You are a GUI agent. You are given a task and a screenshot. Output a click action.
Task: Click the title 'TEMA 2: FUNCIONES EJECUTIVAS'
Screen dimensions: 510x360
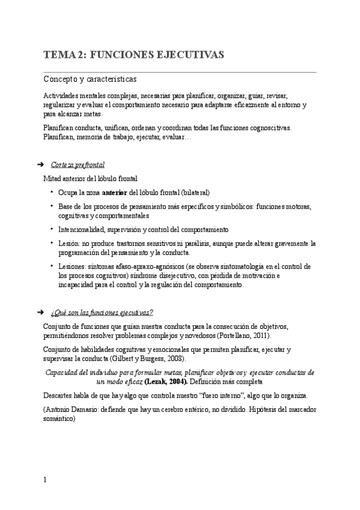134,55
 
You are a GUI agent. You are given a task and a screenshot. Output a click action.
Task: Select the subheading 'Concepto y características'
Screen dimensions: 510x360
90,79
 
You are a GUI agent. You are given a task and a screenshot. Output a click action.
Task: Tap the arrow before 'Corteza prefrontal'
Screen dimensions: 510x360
41,164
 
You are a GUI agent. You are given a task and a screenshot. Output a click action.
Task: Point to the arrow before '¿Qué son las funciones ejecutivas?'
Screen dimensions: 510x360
41,312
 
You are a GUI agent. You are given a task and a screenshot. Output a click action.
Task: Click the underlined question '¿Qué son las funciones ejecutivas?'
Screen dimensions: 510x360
102,312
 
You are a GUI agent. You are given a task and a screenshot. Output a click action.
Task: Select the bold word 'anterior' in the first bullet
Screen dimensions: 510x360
115,192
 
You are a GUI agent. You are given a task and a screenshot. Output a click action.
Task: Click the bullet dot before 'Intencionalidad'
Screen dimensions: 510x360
52,229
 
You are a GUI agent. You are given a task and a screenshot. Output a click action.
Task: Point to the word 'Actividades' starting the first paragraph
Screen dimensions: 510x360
63,96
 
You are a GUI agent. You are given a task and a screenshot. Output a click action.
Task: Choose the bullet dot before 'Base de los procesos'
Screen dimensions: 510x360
52,206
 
